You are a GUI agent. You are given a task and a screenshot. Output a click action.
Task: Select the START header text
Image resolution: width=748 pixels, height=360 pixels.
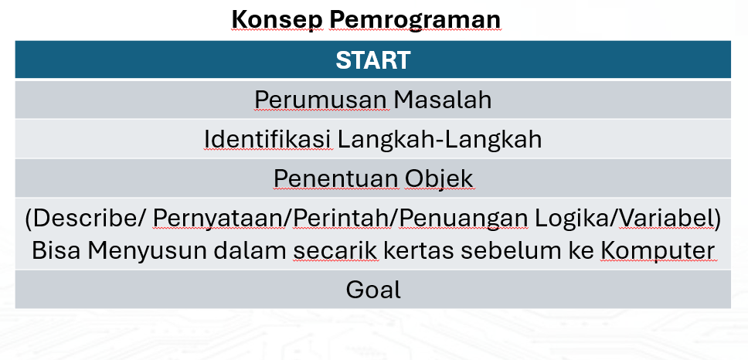(373, 60)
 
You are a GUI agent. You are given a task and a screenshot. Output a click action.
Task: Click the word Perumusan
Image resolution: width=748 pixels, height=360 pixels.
(320, 100)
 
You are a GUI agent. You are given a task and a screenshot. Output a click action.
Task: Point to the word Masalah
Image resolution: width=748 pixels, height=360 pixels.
(442, 100)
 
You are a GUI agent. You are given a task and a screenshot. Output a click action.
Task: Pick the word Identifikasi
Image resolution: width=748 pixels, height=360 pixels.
(267, 139)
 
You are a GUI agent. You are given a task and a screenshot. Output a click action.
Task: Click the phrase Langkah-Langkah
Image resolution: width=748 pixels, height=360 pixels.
(440, 139)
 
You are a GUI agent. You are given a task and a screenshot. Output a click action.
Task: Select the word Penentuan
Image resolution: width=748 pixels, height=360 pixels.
(336, 178)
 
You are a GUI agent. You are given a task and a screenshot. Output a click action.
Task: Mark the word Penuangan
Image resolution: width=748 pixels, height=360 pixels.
(463, 219)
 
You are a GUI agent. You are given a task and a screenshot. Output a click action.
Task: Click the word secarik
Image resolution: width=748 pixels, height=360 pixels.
(335, 250)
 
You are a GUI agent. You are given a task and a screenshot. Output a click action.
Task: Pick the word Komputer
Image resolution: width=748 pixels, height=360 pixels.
(658, 251)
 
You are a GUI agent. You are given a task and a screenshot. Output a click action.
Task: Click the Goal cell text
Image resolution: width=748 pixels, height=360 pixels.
(373, 290)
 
